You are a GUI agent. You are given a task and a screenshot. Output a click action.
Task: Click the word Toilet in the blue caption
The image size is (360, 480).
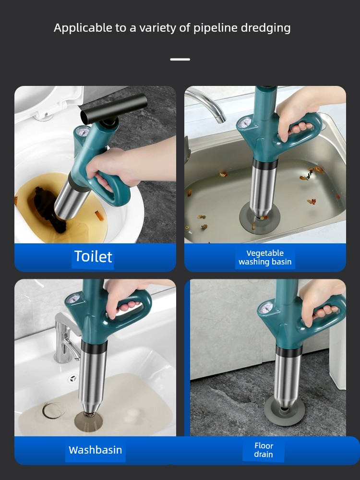coord(93,256)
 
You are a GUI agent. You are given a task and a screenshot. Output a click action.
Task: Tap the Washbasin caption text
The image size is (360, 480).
coord(95,450)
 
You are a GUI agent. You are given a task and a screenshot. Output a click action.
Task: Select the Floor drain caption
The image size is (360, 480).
coord(264,450)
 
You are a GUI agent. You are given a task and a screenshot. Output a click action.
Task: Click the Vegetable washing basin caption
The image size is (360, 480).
coord(265,257)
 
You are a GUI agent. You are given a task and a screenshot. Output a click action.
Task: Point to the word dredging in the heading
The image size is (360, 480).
coord(265,28)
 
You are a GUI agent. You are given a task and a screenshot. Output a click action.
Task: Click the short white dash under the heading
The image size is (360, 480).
coord(180,60)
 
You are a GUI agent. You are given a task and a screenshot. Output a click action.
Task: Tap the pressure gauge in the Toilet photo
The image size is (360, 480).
coord(82,132)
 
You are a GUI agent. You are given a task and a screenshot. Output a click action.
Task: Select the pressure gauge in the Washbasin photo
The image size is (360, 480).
coord(72,299)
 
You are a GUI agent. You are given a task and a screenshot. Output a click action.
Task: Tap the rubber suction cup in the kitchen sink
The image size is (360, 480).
coord(260,218)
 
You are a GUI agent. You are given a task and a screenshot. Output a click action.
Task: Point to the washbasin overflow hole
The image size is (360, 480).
coord(72,378)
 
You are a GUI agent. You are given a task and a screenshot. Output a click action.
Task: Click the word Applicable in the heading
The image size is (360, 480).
coord(83,28)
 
